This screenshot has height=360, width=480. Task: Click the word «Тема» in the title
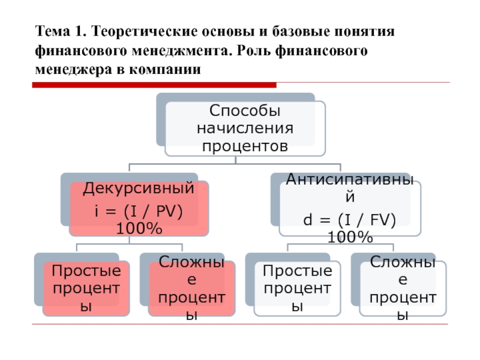point(52,31)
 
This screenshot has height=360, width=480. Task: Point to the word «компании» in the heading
point(164,70)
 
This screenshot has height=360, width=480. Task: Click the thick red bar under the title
point(154,85)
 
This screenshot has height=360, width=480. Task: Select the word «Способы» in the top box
point(245,110)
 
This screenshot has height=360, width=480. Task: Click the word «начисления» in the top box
point(245,128)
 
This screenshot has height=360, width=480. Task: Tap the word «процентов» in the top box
point(245,146)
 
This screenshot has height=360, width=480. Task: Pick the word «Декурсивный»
point(139,188)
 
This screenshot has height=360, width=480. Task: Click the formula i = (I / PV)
point(139,211)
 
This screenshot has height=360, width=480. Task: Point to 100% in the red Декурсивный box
point(139,229)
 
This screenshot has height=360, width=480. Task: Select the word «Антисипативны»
point(350,179)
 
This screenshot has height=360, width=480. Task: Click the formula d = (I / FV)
point(350,220)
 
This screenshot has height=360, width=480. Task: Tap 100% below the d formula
point(350,237)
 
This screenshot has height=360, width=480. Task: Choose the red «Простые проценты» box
point(86,289)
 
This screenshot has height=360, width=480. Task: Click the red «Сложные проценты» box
point(191,289)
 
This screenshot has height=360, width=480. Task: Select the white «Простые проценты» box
point(297,289)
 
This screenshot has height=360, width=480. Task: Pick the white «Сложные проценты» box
point(403,289)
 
